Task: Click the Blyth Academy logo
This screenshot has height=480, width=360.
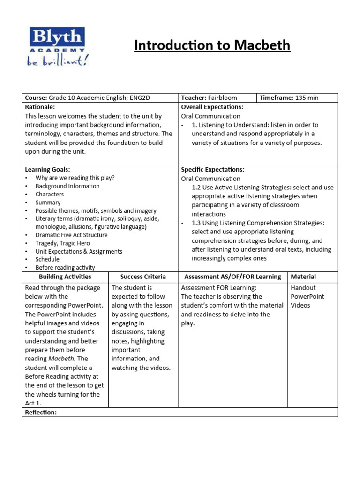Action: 57,46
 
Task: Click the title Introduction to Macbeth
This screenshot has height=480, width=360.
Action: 212,45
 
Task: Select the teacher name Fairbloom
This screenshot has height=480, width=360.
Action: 223,98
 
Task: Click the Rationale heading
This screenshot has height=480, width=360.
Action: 40,107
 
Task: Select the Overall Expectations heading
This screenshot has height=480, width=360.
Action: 212,107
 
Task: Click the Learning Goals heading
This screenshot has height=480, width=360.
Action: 47,170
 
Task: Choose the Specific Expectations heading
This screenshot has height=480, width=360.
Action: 212,170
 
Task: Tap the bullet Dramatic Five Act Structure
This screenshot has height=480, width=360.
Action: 71,235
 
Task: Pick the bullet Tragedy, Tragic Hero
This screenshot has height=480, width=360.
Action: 62,243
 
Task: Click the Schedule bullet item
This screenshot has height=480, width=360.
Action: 47,259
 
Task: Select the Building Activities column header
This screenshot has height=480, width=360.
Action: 65,277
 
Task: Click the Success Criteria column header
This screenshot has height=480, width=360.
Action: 143,277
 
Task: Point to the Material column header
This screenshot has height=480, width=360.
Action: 303,277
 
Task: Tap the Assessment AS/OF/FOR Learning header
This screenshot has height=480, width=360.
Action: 232,277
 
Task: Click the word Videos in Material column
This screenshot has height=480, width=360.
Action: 300,306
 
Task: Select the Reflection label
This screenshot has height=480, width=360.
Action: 41,412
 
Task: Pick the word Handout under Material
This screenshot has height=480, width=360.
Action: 303,288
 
